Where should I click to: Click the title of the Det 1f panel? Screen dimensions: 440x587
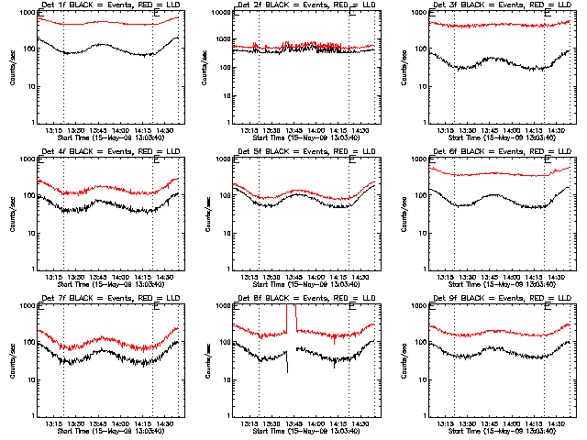coord(106,5)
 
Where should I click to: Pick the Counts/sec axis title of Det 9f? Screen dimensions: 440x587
coord(404,361)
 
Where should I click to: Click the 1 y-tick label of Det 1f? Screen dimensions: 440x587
coord(33,122)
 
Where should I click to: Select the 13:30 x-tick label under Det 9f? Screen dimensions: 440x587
coord(467,423)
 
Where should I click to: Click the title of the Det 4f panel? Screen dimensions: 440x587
coord(106,152)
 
